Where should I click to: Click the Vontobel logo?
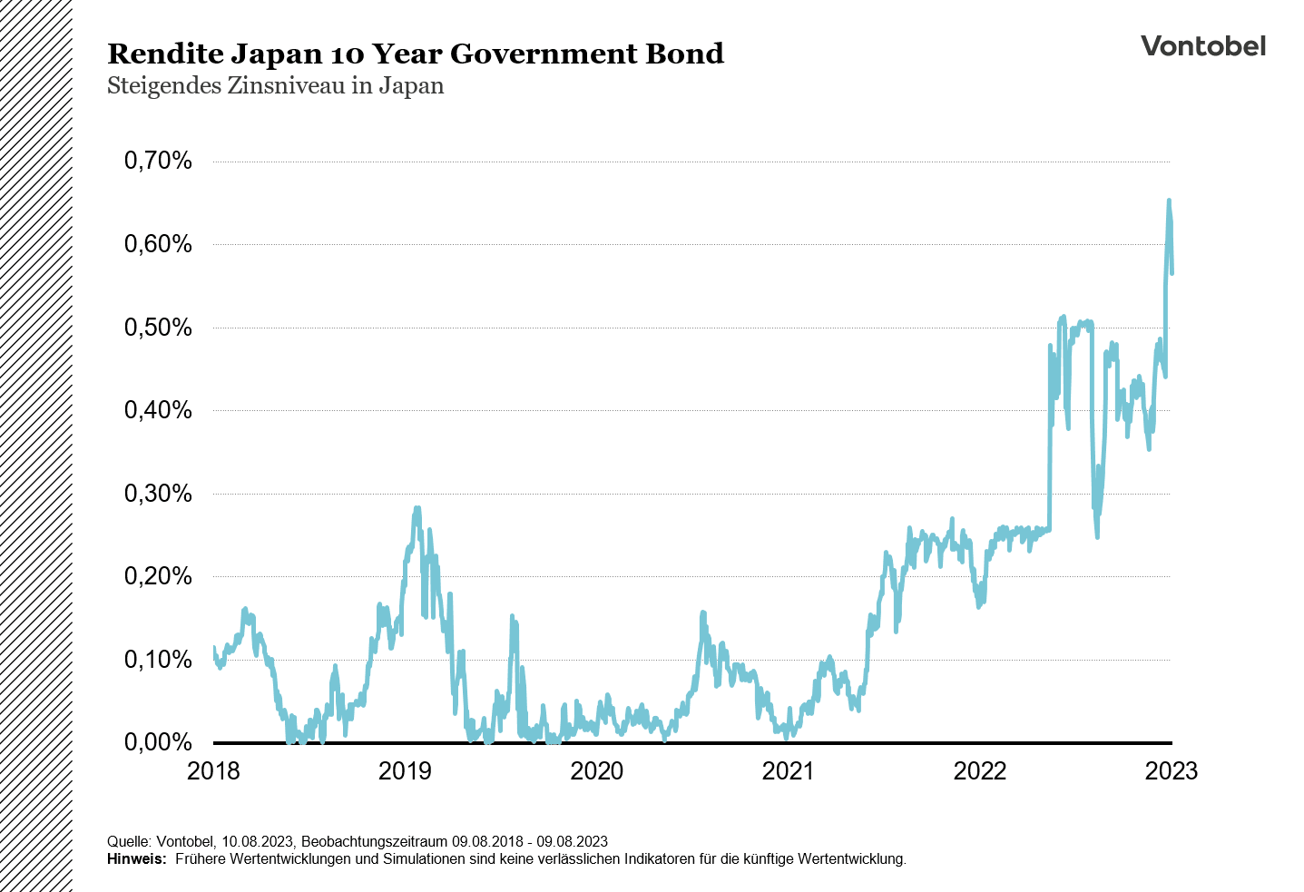pos(1202,46)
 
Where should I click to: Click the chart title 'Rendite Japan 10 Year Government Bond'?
pos(416,54)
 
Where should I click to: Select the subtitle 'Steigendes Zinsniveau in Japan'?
pos(276,86)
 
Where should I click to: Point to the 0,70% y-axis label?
pos(158,162)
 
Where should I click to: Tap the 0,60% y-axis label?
pos(158,244)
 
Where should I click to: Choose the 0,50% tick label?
pos(158,328)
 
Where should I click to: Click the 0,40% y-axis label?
pos(158,410)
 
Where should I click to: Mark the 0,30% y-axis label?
pos(158,494)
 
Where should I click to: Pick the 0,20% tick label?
pos(158,576)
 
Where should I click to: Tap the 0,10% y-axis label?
pos(158,660)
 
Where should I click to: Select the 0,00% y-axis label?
pos(158,742)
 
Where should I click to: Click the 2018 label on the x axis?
pos(213,771)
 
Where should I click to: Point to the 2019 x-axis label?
pos(405,771)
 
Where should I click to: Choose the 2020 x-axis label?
pos(596,771)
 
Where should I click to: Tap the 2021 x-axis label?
pos(789,771)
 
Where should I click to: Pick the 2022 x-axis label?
pos(980,771)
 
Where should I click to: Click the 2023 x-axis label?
pos(1172,771)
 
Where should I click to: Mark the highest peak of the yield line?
pos(1169,201)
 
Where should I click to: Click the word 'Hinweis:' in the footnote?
pos(136,858)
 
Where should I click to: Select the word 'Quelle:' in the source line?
pos(128,841)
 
